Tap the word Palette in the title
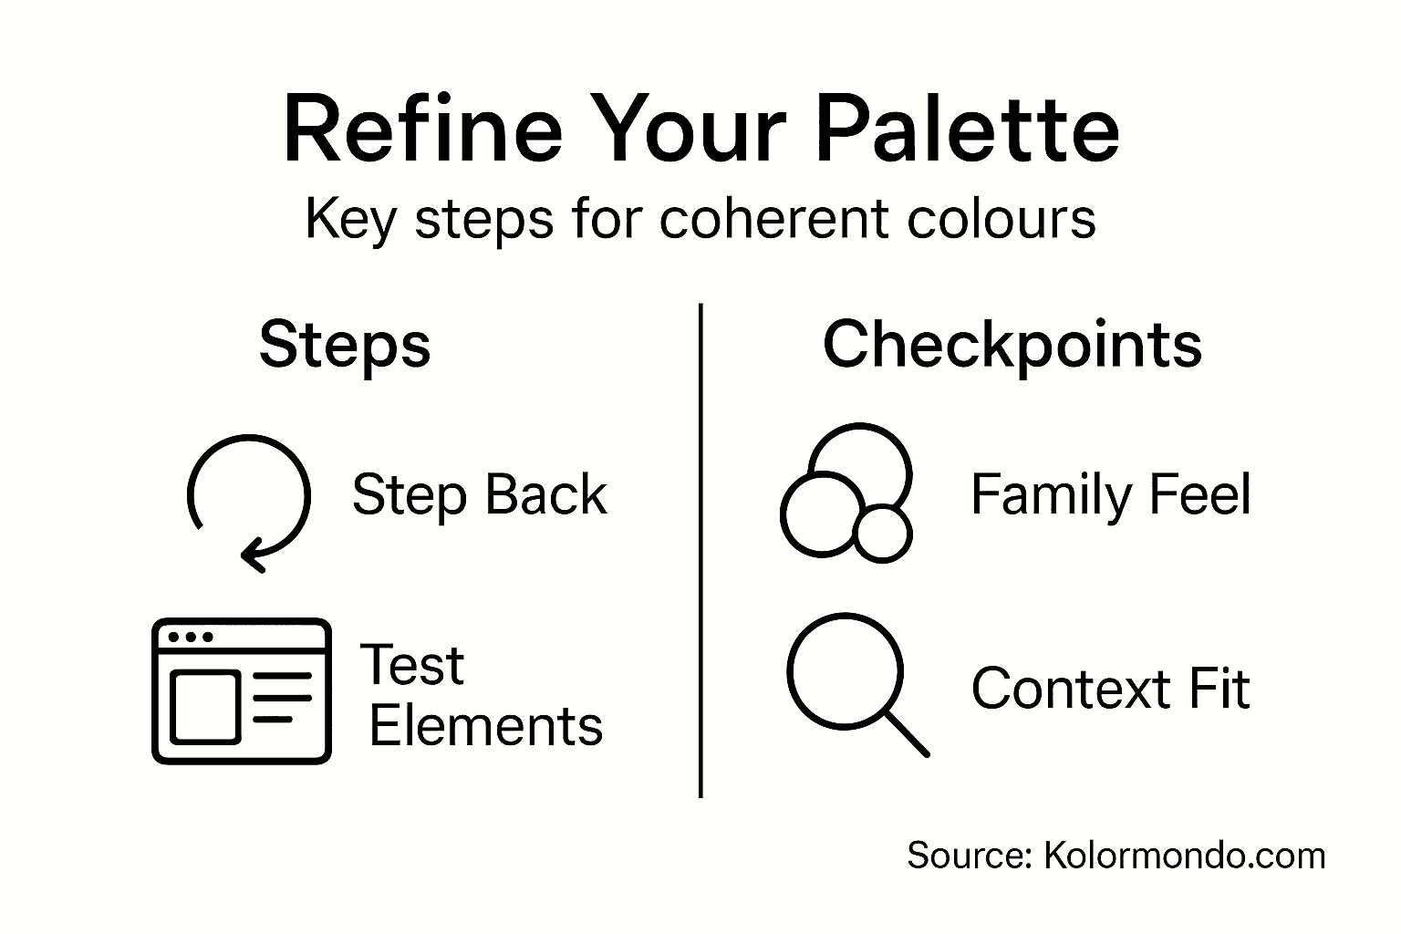[x=967, y=130]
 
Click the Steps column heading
[x=345, y=345]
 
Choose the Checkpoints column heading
[x=1012, y=345]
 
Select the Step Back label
[x=480, y=495]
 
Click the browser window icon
[x=242, y=690]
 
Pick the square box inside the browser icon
[x=206, y=706]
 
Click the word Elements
[x=486, y=727]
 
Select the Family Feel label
[x=1110, y=495]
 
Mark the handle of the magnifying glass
[x=907, y=734]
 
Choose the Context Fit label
[x=1110, y=689]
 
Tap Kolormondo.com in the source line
[x=1184, y=856]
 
